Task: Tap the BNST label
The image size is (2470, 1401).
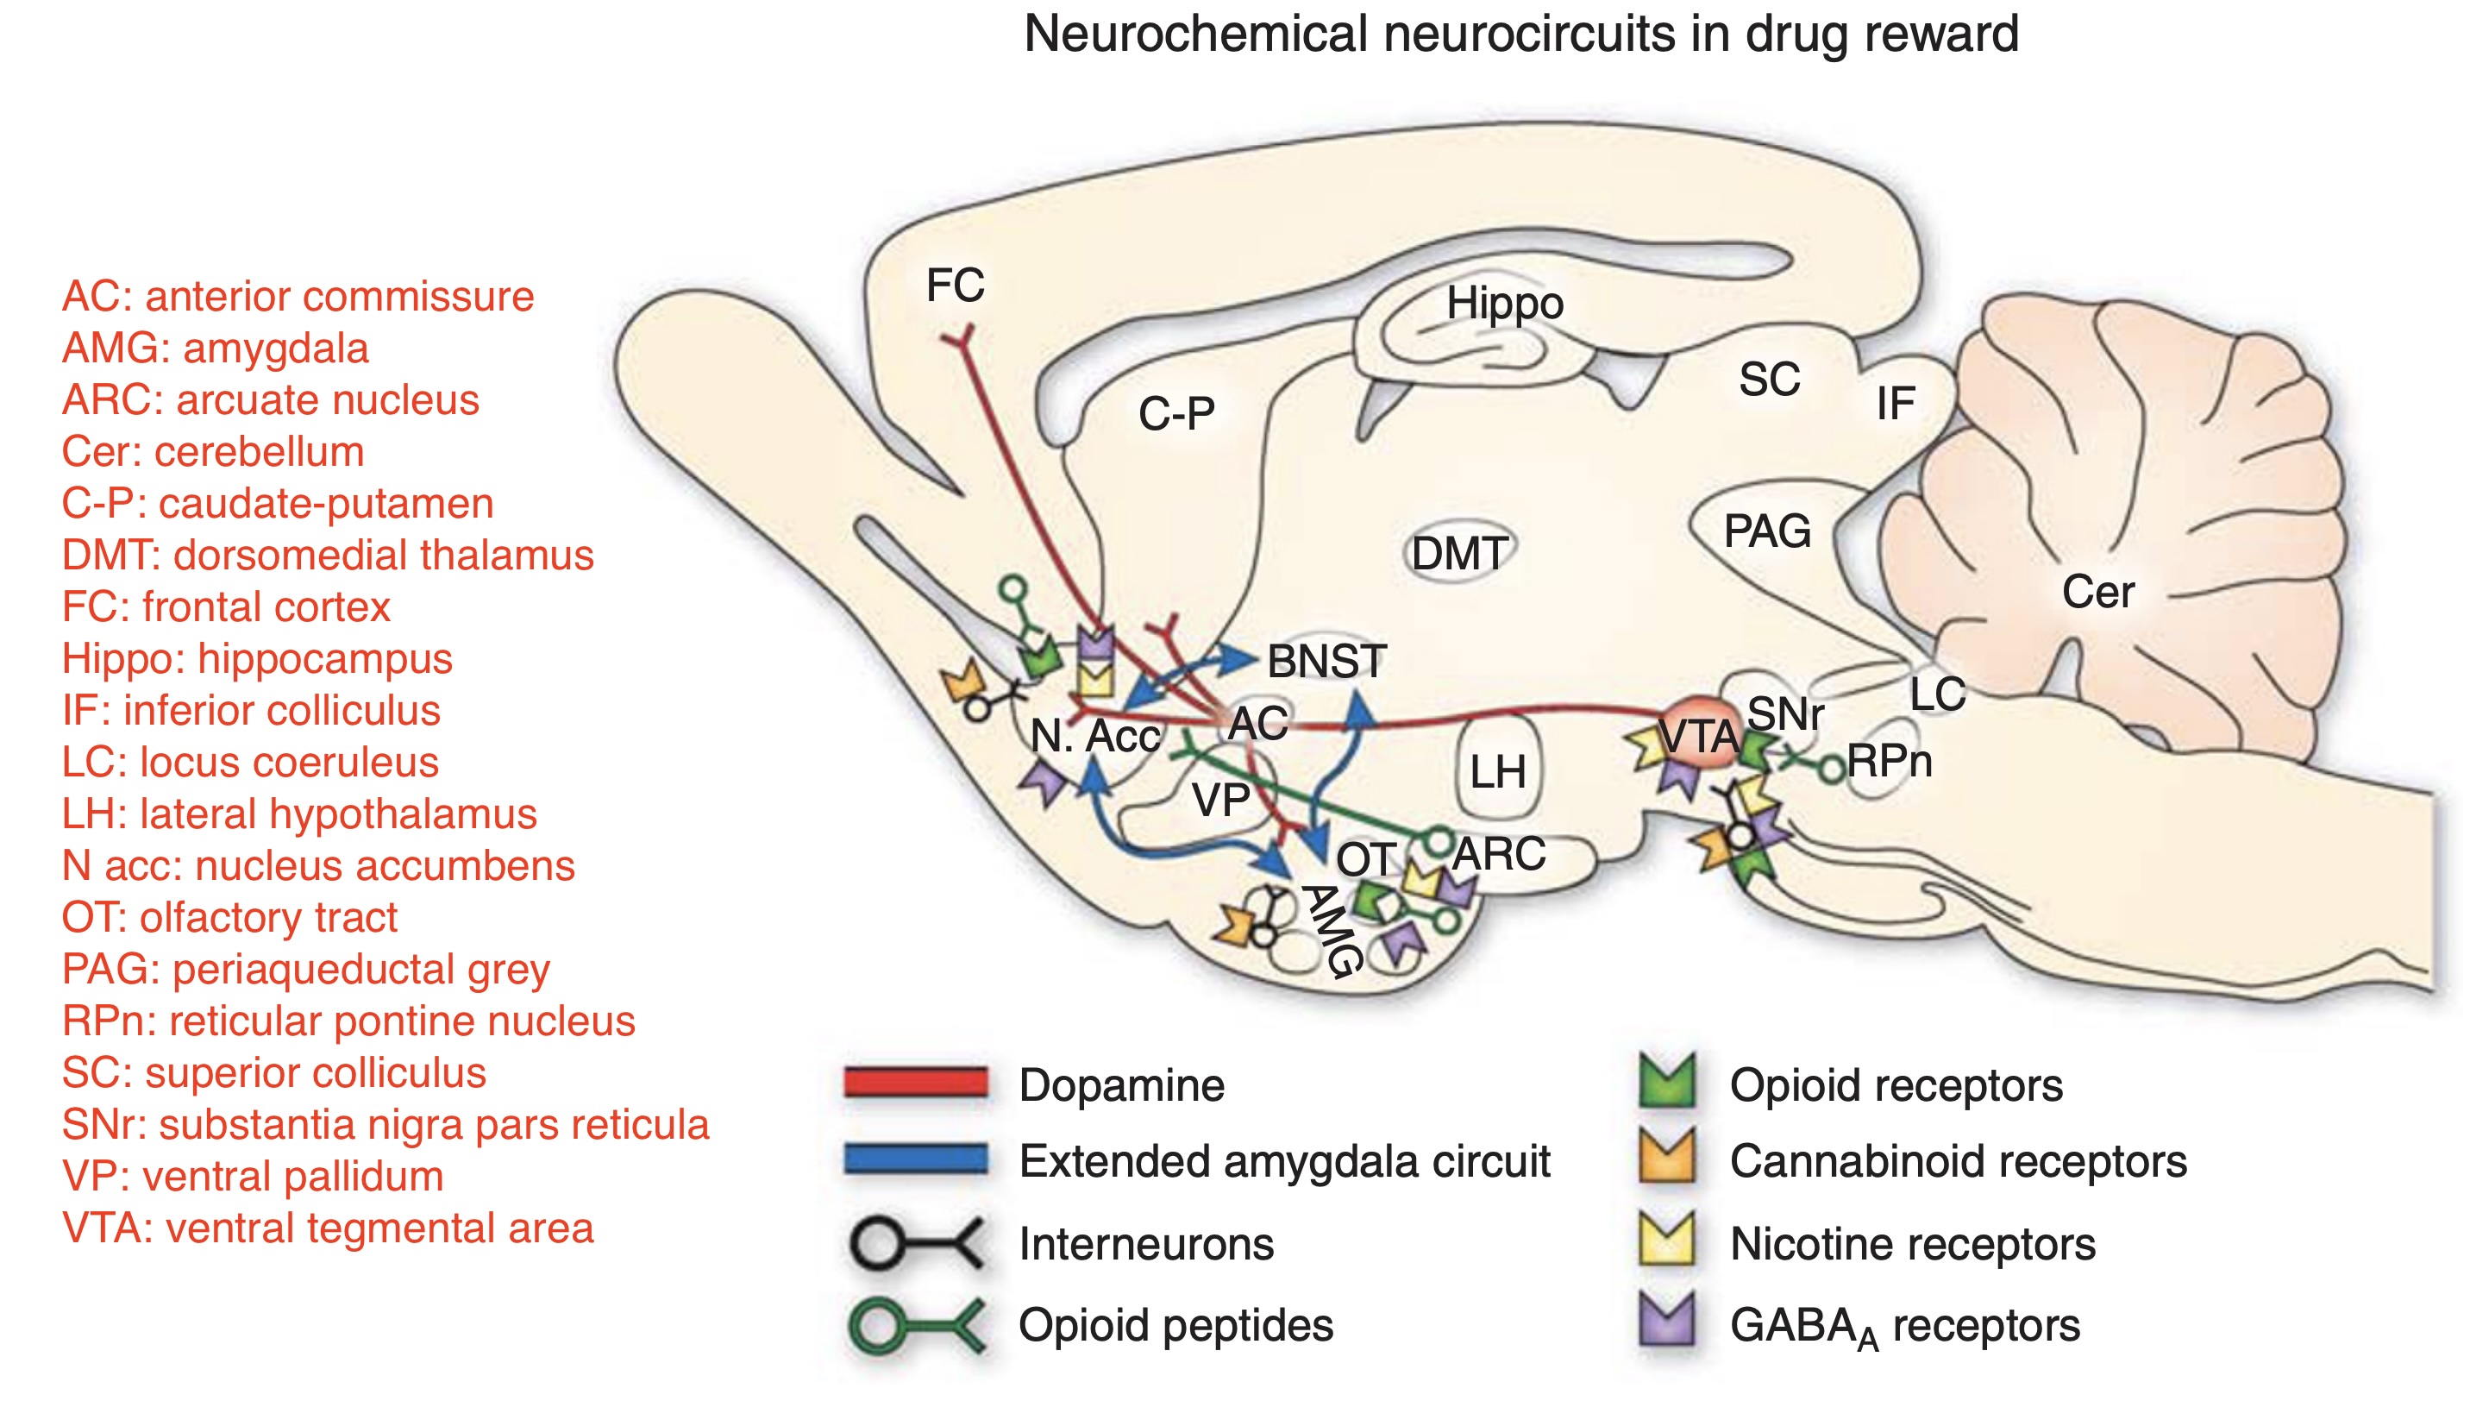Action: (x=1326, y=662)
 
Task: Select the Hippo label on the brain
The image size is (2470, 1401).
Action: (x=1504, y=304)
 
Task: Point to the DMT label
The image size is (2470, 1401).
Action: (x=1459, y=554)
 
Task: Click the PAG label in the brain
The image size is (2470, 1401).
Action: (x=1767, y=531)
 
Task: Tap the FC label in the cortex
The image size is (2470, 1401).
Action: (x=955, y=286)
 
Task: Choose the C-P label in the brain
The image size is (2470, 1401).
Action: (x=1176, y=415)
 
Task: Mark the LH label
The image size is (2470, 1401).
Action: (x=1497, y=773)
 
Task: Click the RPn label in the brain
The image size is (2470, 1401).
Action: (x=1889, y=762)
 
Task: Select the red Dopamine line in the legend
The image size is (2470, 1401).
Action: (x=916, y=1083)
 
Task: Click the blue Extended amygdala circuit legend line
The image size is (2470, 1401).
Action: (x=916, y=1159)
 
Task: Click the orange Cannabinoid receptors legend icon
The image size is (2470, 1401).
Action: (x=1667, y=1158)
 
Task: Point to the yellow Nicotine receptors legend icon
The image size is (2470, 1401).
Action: (x=1667, y=1240)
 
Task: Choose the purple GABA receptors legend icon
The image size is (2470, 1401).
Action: (x=1667, y=1320)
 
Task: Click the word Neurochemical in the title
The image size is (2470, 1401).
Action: (x=1192, y=35)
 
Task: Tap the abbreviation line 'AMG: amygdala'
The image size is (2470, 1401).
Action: (x=216, y=349)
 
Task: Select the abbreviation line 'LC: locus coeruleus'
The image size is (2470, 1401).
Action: (x=250, y=763)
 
